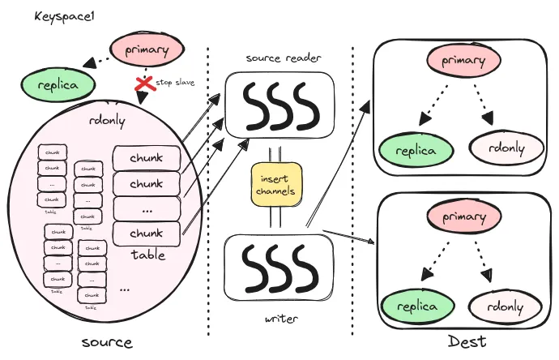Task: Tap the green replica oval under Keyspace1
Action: point(56,84)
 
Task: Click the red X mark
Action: point(144,85)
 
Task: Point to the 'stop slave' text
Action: point(176,83)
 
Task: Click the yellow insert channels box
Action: point(275,184)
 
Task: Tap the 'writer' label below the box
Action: point(280,319)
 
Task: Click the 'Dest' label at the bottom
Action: point(465,342)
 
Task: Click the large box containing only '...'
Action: point(146,208)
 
